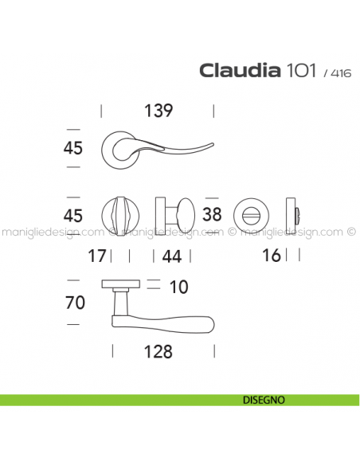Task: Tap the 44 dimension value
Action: click(172, 256)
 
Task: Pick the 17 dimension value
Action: click(97, 256)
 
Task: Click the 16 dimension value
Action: click(271, 256)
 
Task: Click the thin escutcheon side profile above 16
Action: click(297, 214)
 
